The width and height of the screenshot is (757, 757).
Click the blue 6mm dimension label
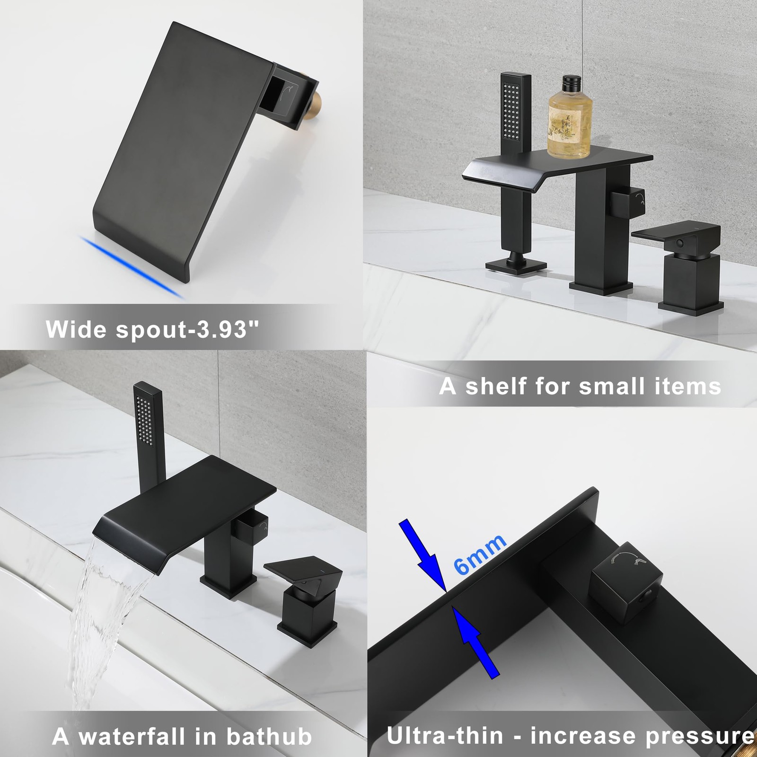click(x=479, y=554)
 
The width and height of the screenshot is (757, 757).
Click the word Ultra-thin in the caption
click(x=445, y=736)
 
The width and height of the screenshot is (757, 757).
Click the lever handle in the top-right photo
click(x=676, y=234)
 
